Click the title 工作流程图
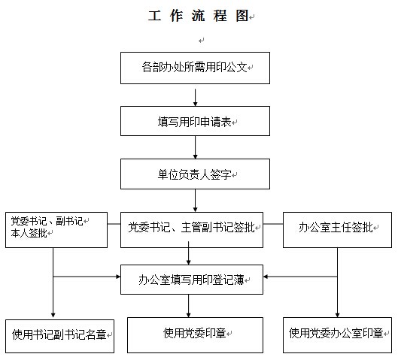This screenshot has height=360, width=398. point(198,16)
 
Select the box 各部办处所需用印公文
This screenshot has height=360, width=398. point(195,68)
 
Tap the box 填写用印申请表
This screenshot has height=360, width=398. point(195,121)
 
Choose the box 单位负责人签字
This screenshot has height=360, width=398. point(195,174)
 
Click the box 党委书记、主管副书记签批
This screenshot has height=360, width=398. point(192,230)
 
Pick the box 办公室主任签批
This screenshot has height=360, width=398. point(337,230)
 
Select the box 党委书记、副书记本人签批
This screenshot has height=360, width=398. point(56,230)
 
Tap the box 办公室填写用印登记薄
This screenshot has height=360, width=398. point(192,280)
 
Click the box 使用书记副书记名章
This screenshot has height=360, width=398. point(59,336)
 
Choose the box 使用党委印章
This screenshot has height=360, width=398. point(195,335)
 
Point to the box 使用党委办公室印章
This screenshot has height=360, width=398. point(337,335)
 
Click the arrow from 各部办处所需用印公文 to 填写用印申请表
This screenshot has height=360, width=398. point(195,98)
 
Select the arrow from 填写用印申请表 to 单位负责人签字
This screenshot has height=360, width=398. point(195,147)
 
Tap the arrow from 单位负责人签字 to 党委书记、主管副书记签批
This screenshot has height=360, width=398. point(195,201)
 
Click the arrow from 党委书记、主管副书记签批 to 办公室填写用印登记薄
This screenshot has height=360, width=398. point(188,253)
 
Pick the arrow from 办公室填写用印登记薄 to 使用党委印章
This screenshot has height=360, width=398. point(188,306)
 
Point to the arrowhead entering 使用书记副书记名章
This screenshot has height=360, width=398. point(53,315)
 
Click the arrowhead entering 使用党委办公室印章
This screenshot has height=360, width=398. point(337,315)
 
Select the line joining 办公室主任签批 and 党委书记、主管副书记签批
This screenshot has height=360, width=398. point(273,224)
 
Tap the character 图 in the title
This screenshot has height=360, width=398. point(242,16)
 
